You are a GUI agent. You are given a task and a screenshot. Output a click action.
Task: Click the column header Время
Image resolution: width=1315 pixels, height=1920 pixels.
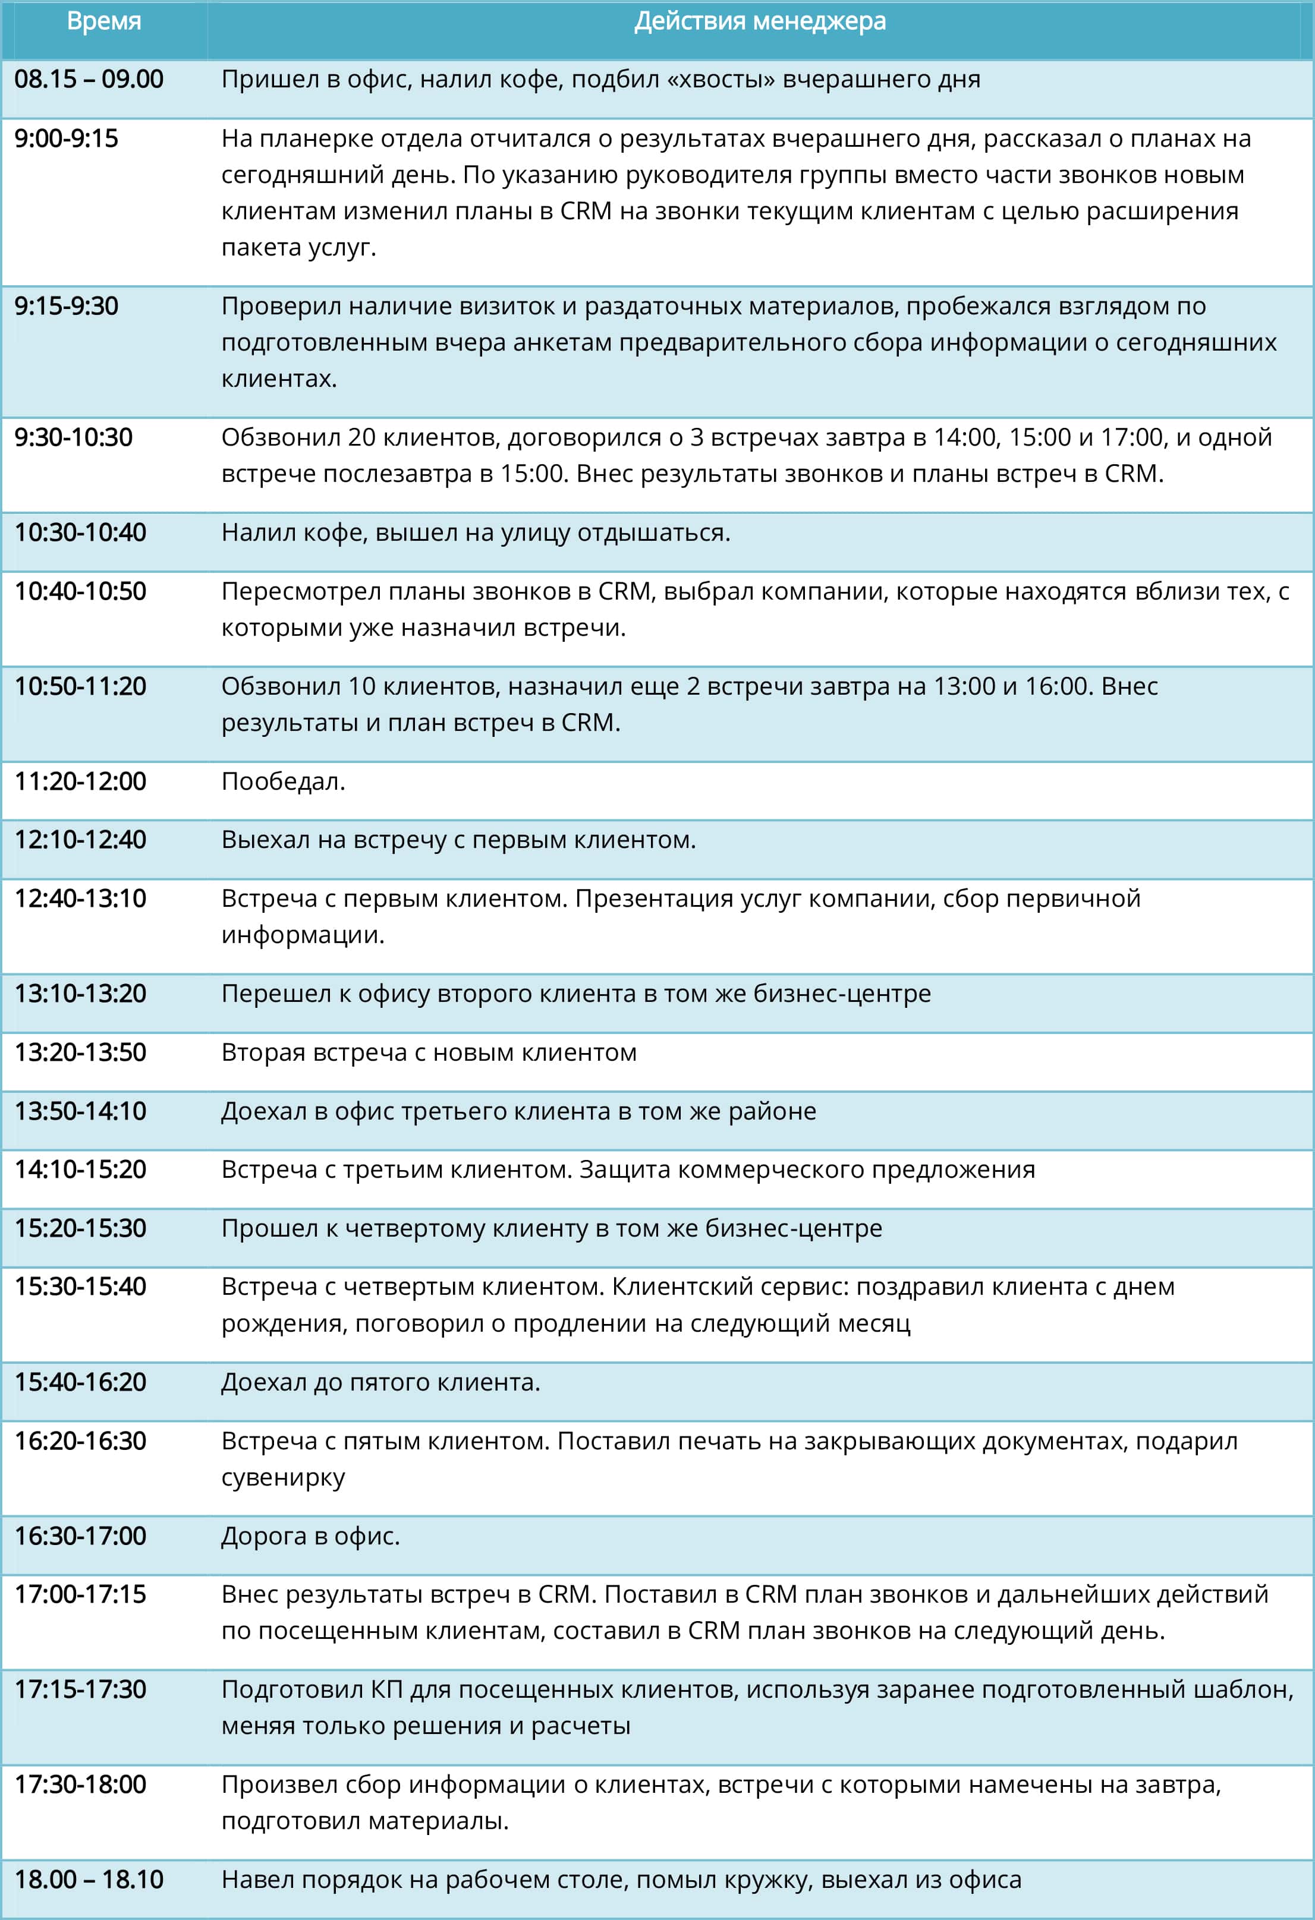103,21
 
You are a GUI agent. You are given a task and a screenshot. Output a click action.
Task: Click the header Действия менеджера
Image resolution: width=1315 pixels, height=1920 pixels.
760,21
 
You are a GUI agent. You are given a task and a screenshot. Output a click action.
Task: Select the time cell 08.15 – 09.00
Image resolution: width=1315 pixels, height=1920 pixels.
89,79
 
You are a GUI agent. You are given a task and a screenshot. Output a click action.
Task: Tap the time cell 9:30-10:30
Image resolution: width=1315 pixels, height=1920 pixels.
74,437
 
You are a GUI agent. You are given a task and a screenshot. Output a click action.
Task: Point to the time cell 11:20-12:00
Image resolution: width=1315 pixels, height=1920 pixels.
80,781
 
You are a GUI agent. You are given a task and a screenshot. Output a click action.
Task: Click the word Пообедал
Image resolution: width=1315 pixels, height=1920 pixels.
282,781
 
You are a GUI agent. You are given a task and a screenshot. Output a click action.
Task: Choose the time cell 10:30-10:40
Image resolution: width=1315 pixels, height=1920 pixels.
80,532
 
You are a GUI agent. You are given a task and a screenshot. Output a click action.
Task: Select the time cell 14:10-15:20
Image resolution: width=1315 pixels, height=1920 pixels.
80,1169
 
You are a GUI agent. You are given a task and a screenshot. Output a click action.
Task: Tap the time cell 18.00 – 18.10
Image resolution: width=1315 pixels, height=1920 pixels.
89,1880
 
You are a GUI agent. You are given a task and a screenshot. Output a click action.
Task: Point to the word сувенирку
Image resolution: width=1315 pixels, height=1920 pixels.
282,1477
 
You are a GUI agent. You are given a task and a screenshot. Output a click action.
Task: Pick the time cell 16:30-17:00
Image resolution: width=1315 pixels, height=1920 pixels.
80,1536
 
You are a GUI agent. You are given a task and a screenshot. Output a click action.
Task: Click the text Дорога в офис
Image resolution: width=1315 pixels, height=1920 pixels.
310,1536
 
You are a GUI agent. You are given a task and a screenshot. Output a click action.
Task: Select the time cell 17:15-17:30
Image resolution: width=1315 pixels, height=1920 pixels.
80,1689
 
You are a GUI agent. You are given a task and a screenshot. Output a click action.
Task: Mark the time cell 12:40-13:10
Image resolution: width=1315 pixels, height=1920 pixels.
80,898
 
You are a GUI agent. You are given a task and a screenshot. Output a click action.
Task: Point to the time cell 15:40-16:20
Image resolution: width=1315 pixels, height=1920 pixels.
80,1382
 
